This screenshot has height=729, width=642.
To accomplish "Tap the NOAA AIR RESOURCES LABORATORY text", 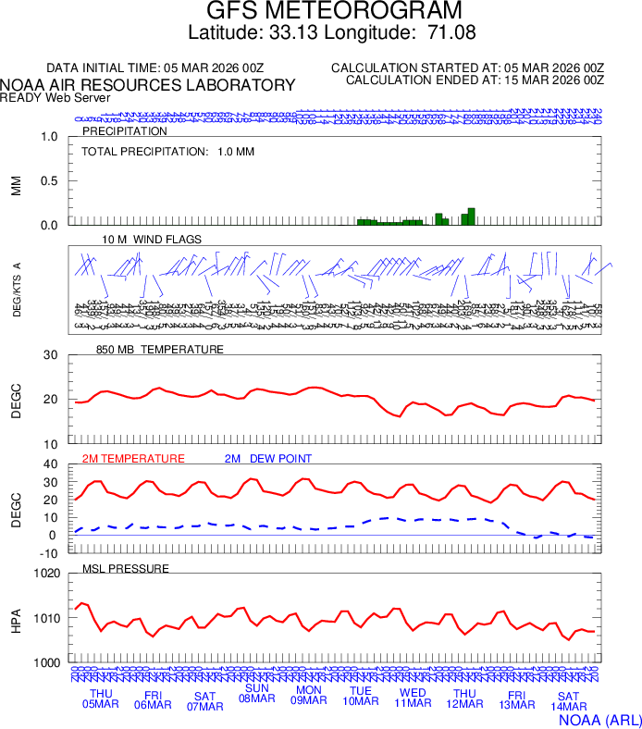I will click(x=148, y=85).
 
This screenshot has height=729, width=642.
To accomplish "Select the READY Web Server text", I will click(x=56, y=97).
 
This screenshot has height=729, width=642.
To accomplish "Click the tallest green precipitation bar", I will click(x=472, y=216).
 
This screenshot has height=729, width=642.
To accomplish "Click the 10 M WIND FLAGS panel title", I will click(x=152, y=240).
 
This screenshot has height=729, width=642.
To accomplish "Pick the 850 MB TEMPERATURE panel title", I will click(x=160, y=350).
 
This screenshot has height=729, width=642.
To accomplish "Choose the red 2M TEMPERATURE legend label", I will click(x=133, y=459).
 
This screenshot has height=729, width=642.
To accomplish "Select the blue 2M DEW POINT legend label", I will click(x=268, y=459).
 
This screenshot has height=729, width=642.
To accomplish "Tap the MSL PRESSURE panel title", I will click(x=126, y=568).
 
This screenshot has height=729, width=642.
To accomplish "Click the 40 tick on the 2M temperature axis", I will click(x=51, y=464).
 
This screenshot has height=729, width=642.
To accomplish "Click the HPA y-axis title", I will click(x=16, y=618).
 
